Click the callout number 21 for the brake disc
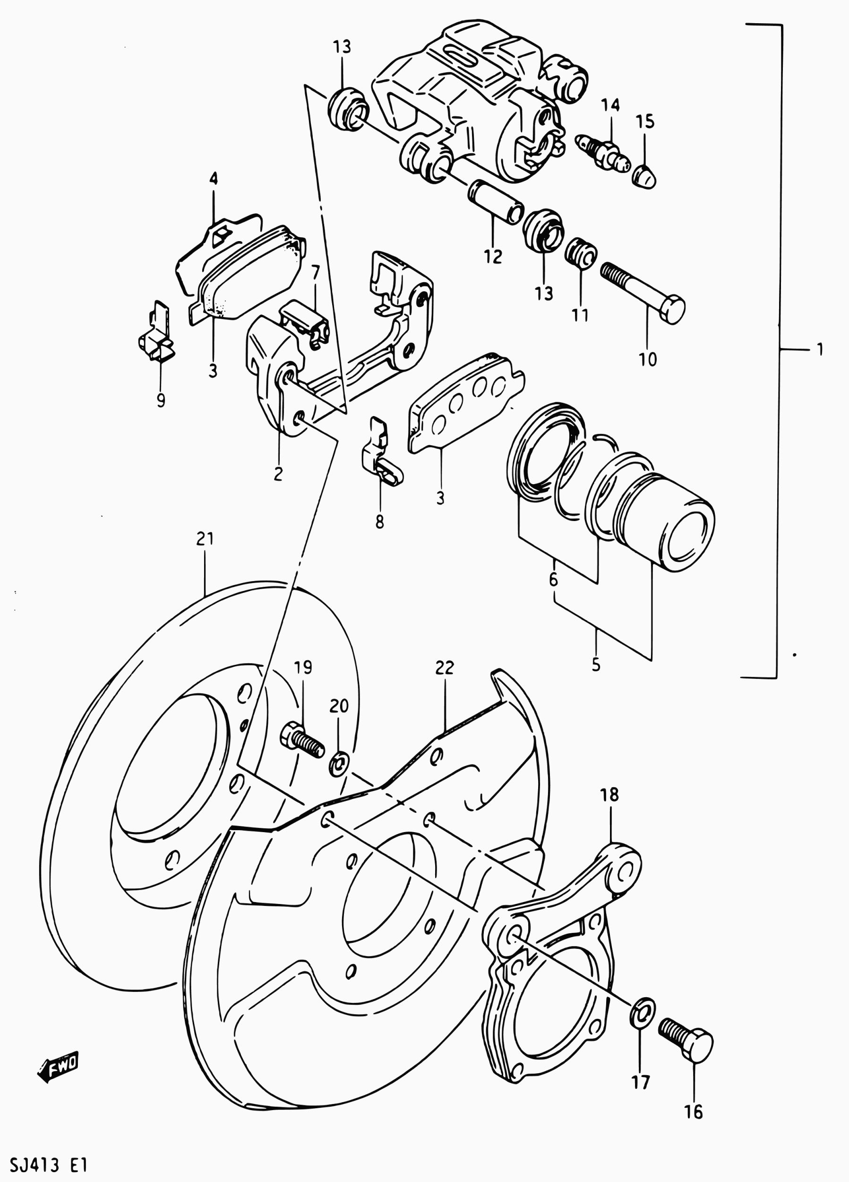point(205,539)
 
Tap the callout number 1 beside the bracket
point(820,349)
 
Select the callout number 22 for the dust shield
point(444,668)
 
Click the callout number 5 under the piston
point(596,666)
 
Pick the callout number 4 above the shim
point(214,178)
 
